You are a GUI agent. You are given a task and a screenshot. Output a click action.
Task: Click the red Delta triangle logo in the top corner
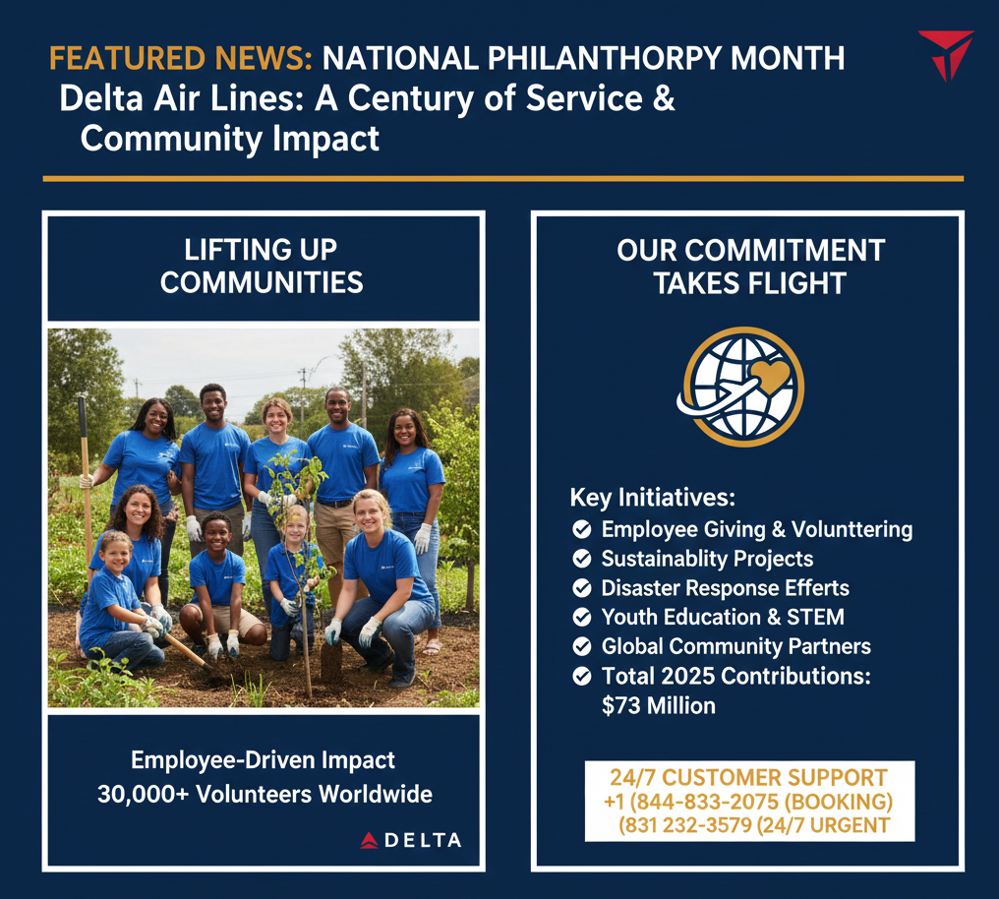[x=946, y=54]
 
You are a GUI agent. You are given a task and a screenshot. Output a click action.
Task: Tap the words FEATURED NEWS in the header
[x=181, y=59]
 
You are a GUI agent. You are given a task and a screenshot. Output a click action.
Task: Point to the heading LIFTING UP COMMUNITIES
[x=262, y=267]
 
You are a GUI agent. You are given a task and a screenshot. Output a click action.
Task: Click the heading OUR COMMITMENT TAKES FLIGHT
[x=750, y=267]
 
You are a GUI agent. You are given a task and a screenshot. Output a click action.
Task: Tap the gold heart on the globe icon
[x=770, y=376]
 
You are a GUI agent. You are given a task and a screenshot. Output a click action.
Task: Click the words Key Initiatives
[x=653, y=498]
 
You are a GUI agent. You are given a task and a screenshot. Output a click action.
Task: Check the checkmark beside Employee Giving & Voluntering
[x=582, y=529]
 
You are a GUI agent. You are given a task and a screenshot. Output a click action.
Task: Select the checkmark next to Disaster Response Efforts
[x=582, y=588]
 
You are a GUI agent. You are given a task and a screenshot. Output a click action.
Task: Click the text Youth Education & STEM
[x=723, y=617]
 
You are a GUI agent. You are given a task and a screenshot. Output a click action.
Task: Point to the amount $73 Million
[x=659, y=706]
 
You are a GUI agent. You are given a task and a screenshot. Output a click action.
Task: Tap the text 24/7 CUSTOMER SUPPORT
[x=748, y=778]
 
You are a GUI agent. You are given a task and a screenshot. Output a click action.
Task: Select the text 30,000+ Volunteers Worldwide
[x=265, y=795]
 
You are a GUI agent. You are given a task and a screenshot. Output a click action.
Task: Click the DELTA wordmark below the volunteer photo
[x=411, y=840]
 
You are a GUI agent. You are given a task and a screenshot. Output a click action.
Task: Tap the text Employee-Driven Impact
[x=264, y=760]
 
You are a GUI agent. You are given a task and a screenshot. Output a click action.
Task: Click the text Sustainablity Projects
[x=707, y=559]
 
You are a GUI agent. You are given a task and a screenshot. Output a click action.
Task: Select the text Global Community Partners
[x=735, y=646]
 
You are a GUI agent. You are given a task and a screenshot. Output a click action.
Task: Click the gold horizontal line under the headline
[x=503, y=179]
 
